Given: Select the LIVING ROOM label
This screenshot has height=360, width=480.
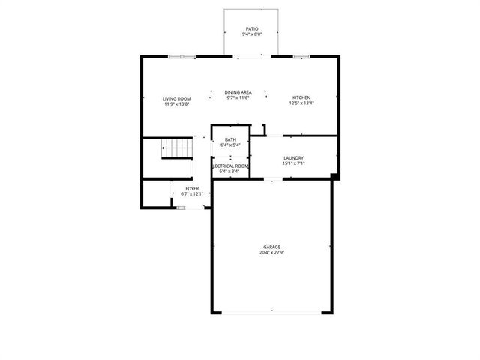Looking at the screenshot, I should coord(177,99).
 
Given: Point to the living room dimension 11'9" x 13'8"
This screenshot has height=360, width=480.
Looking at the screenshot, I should coord(177,104).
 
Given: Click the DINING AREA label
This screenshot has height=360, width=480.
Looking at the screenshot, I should coord(238,92).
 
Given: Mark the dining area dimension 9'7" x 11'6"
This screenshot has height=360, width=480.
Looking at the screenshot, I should coord(238,97).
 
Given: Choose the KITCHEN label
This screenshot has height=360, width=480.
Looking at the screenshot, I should coord(301,97).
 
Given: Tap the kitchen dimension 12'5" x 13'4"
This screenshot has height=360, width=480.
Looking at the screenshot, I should coord(301,103).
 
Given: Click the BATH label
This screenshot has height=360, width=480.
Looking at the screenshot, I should coord(229,139).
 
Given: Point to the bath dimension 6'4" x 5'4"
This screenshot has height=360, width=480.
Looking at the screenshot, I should coord(229,145).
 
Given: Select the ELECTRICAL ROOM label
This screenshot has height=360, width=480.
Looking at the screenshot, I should coord(230,166).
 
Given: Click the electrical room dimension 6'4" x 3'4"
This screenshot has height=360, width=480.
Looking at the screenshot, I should coord(229,172).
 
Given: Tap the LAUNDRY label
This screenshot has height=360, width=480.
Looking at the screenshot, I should coord(293,157).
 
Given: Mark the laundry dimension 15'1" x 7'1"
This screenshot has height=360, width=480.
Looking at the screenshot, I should coord(293,163).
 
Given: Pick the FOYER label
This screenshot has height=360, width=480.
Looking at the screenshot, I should coord(193,188).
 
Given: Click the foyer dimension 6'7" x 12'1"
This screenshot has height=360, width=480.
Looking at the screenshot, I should coord(193,194).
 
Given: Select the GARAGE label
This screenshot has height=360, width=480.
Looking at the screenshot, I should coord(271,247).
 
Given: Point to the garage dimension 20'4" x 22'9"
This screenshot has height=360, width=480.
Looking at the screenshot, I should coord(271,253).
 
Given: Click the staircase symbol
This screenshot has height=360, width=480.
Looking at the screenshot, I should coord(178,149).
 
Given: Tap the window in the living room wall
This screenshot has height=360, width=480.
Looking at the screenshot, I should coord(181,56).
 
